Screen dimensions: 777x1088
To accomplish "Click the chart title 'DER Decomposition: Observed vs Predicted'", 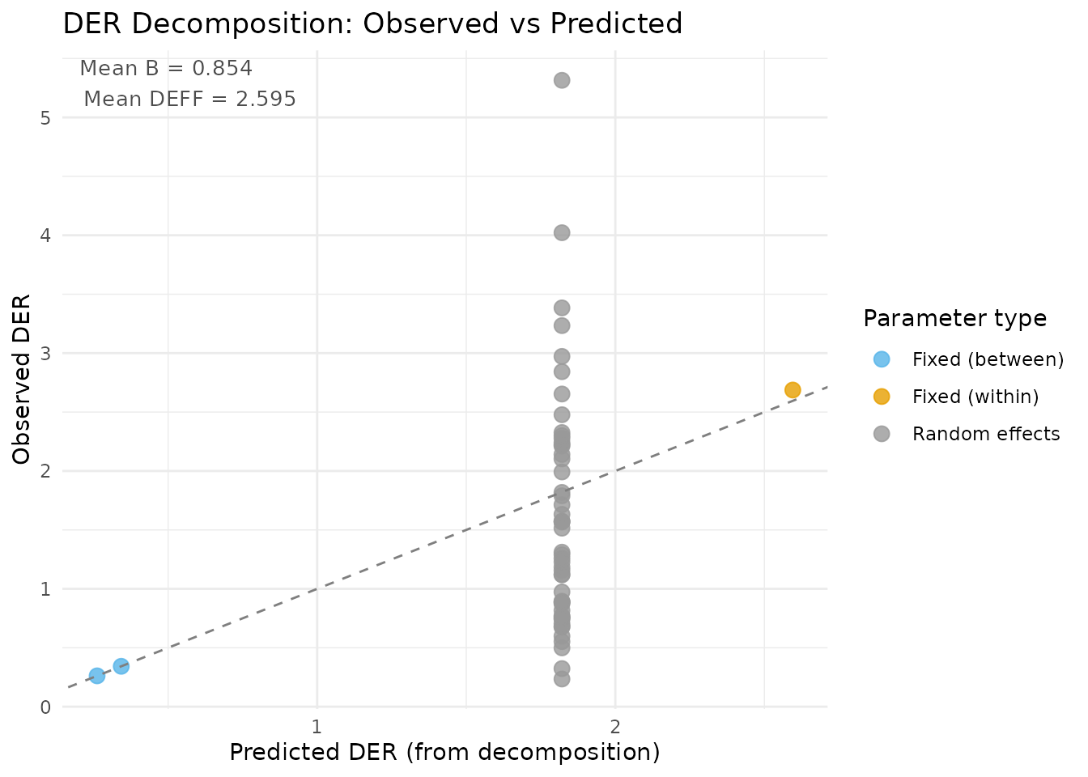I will (372, 24).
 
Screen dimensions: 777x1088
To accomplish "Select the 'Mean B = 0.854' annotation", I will (166, 69).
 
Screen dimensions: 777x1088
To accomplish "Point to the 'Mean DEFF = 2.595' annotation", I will (189, 100).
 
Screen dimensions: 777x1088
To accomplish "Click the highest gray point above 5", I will (562, 80).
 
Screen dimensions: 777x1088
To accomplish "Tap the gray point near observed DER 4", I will (562, 233).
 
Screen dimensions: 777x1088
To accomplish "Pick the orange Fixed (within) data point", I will (793, 390).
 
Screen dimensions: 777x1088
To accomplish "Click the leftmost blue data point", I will (97, 676).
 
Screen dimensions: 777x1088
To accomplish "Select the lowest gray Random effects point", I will (562, 679).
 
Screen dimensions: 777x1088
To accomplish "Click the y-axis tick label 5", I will (45, 118).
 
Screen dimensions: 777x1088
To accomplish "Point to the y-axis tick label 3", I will (45, 354).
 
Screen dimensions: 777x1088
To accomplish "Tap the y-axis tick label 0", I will (45, 707).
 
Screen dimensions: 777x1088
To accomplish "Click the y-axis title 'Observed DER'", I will (22, 380).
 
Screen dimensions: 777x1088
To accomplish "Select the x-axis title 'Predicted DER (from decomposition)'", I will (444, 753).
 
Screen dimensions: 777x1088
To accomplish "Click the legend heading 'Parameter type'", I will (954, 319).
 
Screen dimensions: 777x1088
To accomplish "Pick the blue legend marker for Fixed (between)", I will (882, 359).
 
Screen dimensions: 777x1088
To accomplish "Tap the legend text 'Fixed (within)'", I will (975, 397).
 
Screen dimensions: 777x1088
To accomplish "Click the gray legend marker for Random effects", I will (882, 434).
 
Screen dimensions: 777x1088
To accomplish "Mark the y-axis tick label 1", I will (45, 589).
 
